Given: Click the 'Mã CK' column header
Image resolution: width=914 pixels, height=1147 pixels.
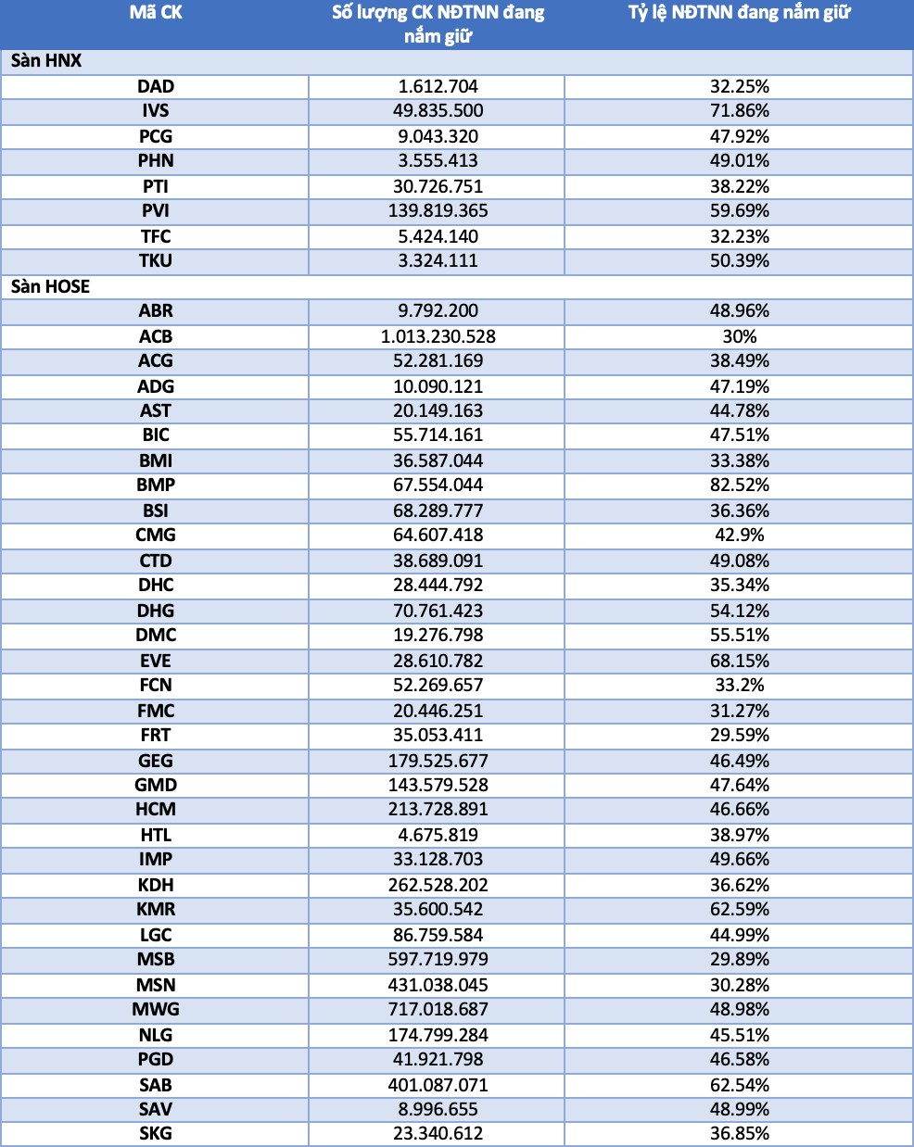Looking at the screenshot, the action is pos(155,12).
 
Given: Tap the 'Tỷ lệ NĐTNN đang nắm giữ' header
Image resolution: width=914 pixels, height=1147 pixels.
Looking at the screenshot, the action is pos(739,13).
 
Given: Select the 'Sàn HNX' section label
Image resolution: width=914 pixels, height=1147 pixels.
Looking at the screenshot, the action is pos(45,61).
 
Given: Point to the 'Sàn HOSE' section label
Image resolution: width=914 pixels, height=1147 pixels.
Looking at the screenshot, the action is pos(50,287).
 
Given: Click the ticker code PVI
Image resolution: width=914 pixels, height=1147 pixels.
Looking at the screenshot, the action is pos(155,211).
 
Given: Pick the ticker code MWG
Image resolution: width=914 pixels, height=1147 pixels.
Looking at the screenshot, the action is pos(155,1010).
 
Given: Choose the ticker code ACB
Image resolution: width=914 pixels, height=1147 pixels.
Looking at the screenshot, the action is pos(155,337).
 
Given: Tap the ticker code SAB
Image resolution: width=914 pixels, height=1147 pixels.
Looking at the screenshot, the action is pos(155,1085).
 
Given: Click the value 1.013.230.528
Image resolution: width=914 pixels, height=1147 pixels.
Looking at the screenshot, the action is pos(438,337).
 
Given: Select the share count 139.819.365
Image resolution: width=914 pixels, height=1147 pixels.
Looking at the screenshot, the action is pos(438,211).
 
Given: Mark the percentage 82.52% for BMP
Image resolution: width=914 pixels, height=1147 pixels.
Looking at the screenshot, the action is pos(739,485).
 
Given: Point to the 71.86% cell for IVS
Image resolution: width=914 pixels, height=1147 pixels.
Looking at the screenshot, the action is pos(739,111).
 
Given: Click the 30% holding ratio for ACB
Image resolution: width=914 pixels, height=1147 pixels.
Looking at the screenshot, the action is pos(739,337).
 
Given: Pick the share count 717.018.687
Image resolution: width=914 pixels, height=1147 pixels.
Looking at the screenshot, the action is pos(438,1010).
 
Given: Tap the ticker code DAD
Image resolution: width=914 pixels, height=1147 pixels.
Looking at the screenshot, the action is pos(155,86).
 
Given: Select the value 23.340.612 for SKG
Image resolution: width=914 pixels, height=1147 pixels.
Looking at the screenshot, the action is pos(438,1133).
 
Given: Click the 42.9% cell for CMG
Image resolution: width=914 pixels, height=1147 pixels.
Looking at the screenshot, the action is pos(739,536).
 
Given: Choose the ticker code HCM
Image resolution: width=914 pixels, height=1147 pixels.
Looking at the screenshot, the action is pos(155,809).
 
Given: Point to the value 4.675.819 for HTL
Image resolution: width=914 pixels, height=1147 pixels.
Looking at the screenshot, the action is pos(438,835).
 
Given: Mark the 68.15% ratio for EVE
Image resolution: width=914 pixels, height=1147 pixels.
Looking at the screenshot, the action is pos(739,661).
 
